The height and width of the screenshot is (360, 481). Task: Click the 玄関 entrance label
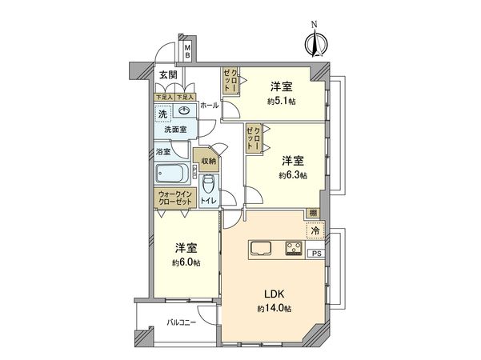point(167,75)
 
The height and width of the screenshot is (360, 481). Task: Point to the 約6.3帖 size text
point(293,174)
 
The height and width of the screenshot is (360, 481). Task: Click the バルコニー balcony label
point(182,322)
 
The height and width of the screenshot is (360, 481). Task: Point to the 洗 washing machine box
point(162,112)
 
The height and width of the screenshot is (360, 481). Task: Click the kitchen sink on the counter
point(263,248)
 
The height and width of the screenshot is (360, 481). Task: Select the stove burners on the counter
point(293,247)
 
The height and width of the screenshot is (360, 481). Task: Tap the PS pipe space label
point(316,254)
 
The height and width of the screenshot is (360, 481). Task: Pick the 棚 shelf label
point(310,213)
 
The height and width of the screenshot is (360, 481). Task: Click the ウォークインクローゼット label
point(173,197)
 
